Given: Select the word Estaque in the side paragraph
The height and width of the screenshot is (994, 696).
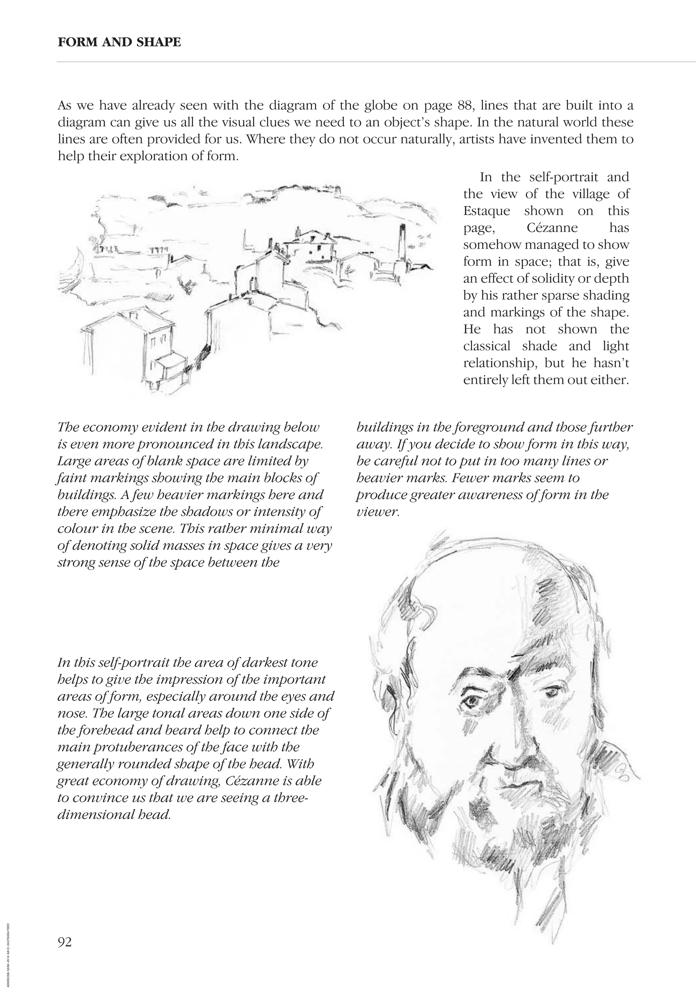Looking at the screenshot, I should click(487, 211).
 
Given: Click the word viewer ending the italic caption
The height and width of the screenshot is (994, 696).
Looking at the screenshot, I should click(377, 512).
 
